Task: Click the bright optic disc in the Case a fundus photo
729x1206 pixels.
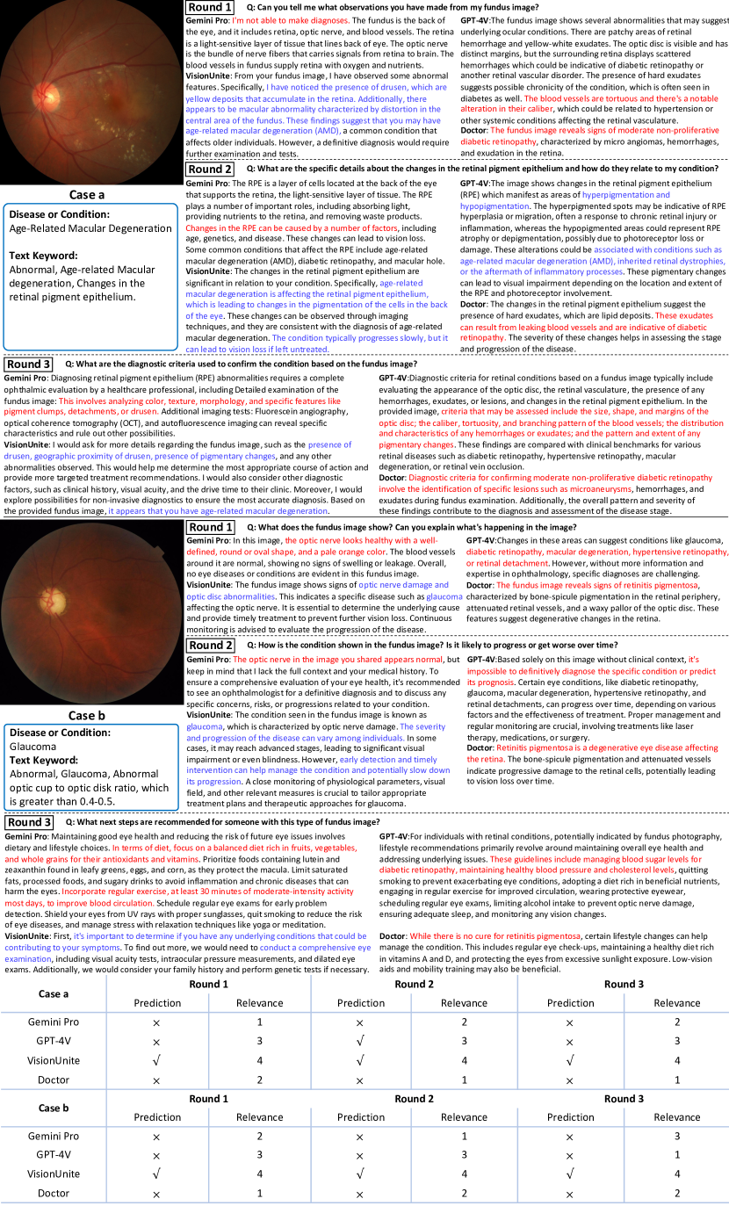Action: (x=40, y=89)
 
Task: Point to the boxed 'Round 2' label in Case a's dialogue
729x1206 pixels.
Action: (x=210, y=169)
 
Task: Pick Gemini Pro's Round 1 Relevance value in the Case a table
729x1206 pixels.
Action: (x=259, y=1022)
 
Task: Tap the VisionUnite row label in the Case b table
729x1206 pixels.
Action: (x=53, y=1174)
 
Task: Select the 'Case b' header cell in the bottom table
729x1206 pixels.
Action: (x=53, y=1108)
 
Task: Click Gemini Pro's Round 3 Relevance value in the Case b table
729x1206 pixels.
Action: (x=676, y=1136)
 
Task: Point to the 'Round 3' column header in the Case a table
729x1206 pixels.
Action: (x=624, y=984)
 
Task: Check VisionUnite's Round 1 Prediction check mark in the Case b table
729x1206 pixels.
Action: (x=156, y=1174)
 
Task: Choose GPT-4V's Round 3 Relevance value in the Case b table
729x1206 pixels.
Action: (x=676, y=1154)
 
